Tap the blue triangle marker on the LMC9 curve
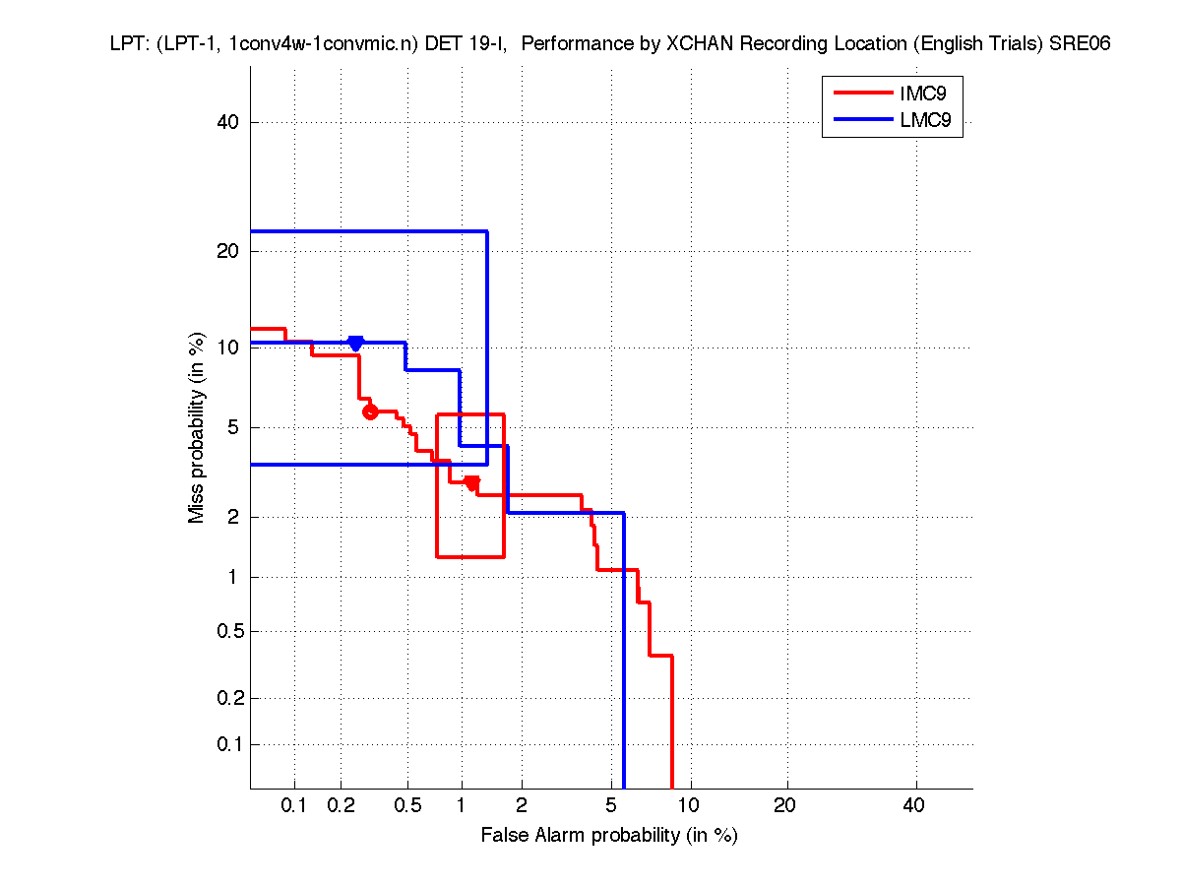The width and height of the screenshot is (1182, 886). point(355,343)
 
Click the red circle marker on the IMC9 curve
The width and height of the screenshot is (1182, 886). point(370,411)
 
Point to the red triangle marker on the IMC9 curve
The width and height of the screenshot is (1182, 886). point(472,483)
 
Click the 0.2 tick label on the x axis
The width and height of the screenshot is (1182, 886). point(341,806)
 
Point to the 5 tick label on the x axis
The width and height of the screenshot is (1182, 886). point(611,806)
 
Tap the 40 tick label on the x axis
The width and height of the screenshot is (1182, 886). point(914,806)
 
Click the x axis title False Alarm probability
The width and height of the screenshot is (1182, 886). point(608,836)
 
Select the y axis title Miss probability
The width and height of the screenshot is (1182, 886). point(198,427)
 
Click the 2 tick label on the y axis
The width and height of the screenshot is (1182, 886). point(234,517)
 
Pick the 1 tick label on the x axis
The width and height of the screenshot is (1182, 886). point(461,806)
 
